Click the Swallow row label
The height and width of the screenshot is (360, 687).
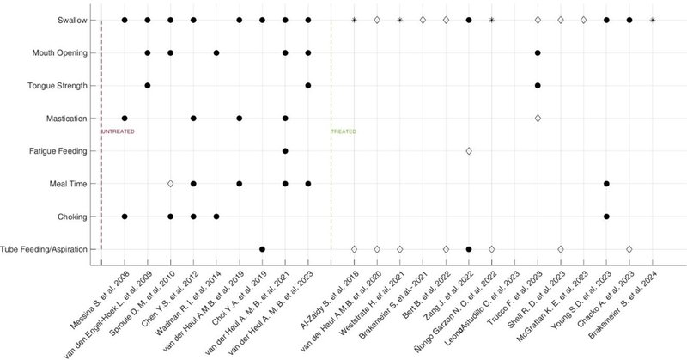point(71,20)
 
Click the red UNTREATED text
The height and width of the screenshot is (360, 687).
point(119,131)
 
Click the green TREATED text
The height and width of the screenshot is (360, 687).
point(344,131)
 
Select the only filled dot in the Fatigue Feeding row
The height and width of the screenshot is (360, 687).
point(285,151)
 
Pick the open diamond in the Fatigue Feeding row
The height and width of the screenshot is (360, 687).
point(469,151)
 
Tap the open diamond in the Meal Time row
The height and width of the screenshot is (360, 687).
point(171,184)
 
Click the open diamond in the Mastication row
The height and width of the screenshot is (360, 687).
point(538,118)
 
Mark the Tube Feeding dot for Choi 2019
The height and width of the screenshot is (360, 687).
point(262,249)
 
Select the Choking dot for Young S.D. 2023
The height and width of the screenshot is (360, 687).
point(606,217)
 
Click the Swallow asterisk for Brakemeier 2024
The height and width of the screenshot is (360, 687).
point(653,20)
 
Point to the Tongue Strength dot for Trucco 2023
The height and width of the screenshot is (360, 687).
point(538,85)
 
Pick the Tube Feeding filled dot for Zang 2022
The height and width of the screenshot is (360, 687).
point(469,249)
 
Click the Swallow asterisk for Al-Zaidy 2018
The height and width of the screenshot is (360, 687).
point(354,20)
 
